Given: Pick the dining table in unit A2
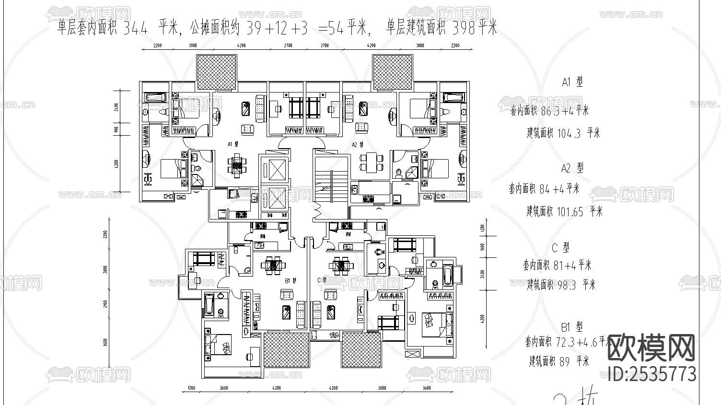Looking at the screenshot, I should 372,162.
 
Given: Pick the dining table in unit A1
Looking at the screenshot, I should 237,165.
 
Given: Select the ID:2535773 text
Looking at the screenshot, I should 651,374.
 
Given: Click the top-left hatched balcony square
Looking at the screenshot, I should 217,71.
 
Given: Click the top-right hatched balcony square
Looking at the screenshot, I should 393,71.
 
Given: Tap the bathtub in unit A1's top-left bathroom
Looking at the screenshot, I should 155,98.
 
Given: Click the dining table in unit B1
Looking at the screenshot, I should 273,264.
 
